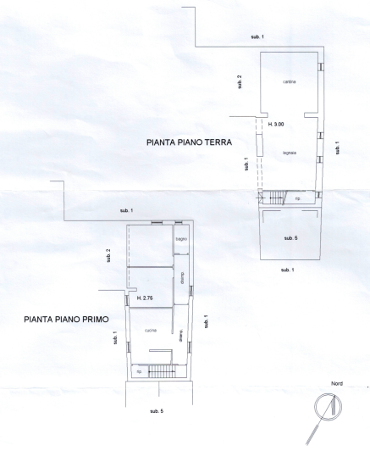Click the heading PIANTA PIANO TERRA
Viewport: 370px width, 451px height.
(188, 143)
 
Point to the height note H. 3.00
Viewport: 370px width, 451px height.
(275, 124)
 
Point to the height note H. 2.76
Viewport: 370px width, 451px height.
(143, 298)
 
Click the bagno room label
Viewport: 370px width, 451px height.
(180, 240)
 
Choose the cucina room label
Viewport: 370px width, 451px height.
(150, 330)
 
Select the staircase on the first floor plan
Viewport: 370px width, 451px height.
(160, 371)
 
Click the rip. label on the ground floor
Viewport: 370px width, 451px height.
(297, 199)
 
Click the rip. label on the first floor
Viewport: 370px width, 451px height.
(138, 371)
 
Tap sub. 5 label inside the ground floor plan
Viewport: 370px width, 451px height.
(290, 238)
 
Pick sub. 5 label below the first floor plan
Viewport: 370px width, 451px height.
(156, 410)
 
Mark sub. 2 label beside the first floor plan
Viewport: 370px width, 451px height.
(109, 254)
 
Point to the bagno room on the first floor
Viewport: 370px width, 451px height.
(180, 246)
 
